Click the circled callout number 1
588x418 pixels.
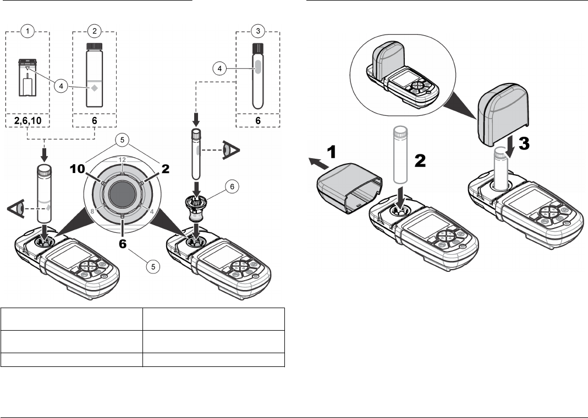pyautogui.click(x=27, y=31)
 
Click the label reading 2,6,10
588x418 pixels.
pyautogui.click(x=28, y=121)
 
